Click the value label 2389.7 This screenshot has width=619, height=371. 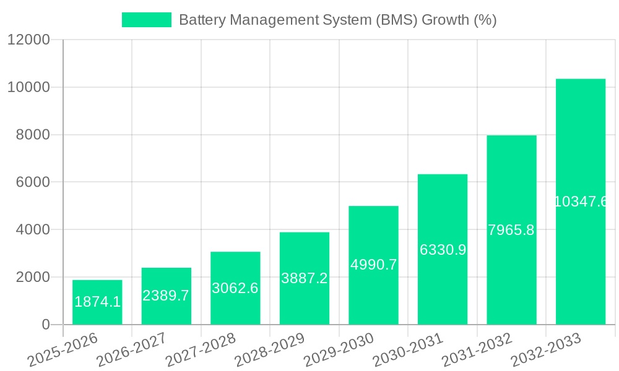pyautogui.click(x=166, y=296)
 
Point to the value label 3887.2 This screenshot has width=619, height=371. pyautogui.click(x=305, y=278)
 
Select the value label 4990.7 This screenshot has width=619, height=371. pyautogui.click(x=373, y=265)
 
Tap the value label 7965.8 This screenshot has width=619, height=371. pyautogui.click(x=511, y=230)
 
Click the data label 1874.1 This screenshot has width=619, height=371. pyautogui.click(x=97, y=302)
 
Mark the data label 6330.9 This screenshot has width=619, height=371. pyautogui.click(x=443, y=250)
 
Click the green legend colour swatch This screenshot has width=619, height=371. pyautogui.click(x=147, y=20)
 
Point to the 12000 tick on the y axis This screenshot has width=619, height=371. pyautogui.click(x=28, y=40)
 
